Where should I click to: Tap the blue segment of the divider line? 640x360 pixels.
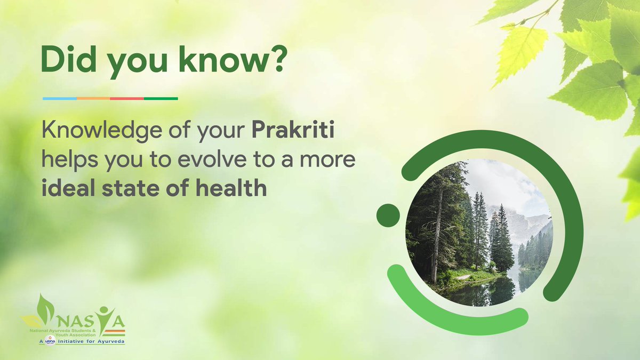pyautogui.click(x=59, y=99)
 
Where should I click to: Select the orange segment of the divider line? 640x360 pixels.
pyautogui.click(x=93, y=99)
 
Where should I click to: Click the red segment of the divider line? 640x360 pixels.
pyautogui.click(x=127, y=99)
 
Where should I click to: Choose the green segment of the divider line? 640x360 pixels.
pyautogui.click(x=161, y=99)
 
